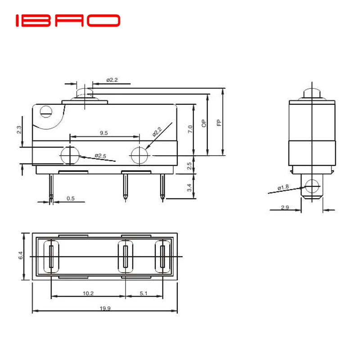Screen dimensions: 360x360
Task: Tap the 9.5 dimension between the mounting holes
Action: (103, 133)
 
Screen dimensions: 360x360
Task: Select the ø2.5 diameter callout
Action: (100, 156)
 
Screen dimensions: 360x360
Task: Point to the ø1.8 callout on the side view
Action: (283, 187)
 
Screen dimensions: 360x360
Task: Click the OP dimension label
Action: (204, 124)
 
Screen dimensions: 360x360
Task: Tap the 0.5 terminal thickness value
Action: (71, 198)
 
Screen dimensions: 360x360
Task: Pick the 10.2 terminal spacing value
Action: (88, 293)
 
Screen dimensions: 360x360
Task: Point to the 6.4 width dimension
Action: (21, 256)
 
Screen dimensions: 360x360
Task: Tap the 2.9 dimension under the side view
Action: (284, 207)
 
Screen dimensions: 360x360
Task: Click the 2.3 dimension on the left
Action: (19, 130)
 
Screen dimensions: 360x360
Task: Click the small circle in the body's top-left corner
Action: (45, 111)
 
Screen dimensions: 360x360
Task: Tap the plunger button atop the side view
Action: (312, 93)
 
